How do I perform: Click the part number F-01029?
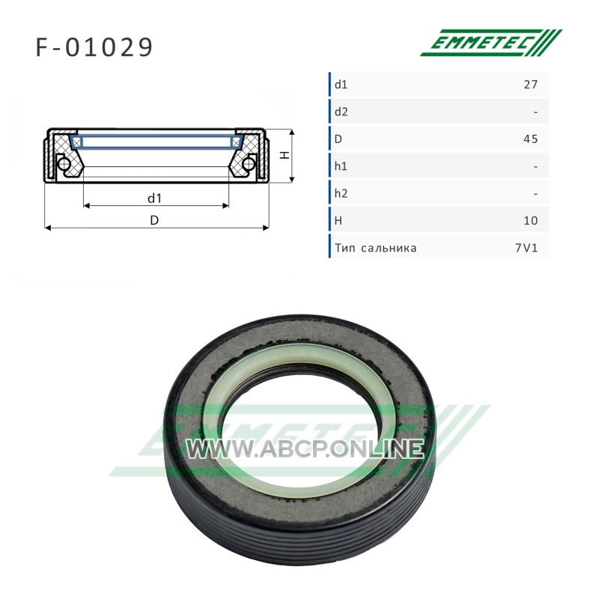coord(94,48)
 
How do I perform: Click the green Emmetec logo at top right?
coord(491,43)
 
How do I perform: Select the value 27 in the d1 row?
coord(531,85)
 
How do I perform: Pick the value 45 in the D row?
coord(531,139)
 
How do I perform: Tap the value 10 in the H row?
coord(531,221)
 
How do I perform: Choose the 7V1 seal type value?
coord(526,248)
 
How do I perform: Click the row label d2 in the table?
coord(341,112)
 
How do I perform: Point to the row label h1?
coord(341,166)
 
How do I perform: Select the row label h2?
coord(341,194)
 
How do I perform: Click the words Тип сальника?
coord(376,248)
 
